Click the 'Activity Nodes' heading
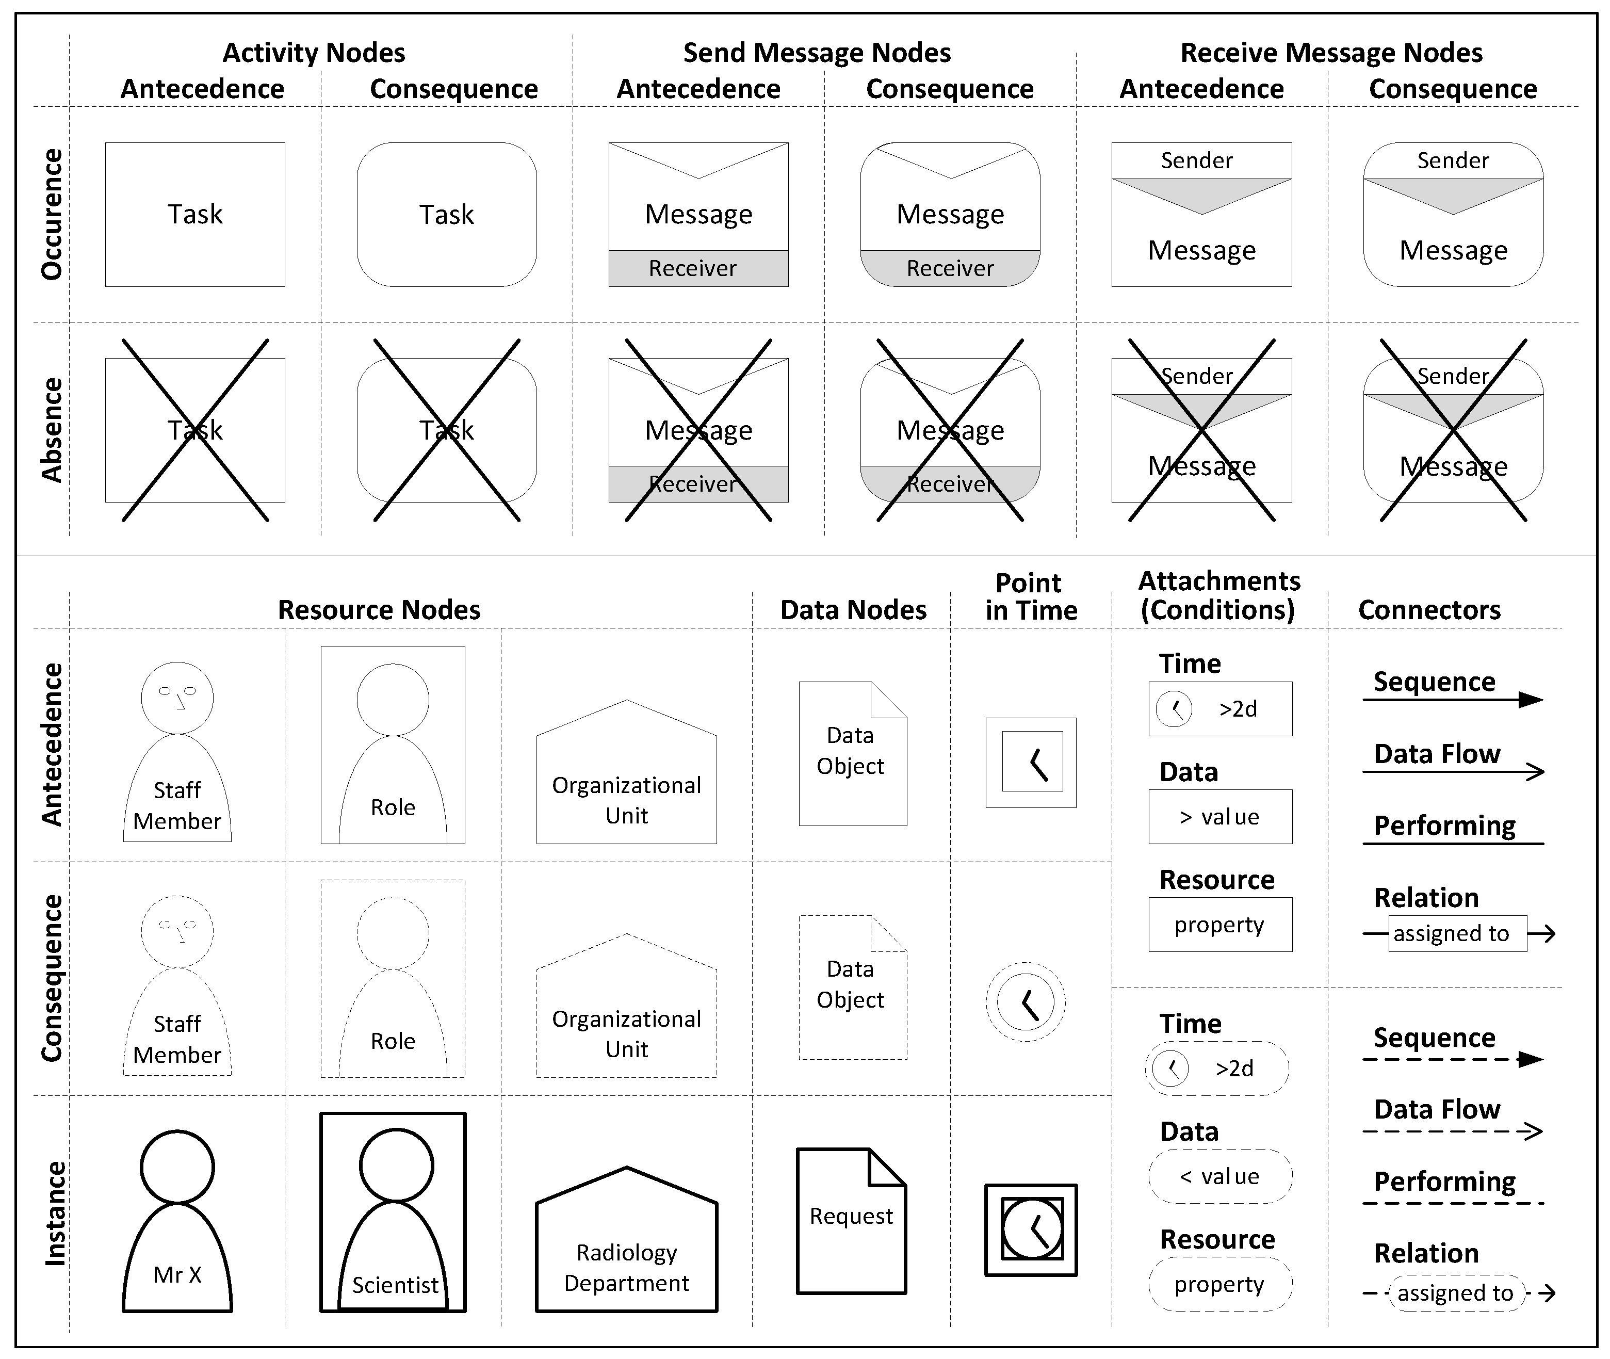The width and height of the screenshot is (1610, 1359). click(x=314, y=53)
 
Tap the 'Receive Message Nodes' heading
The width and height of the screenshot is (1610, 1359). click(x=1331, y=53)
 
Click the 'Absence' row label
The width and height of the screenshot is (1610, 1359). click(x=52, y=430)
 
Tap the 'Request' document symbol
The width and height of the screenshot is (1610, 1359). click(x=851, y=1221)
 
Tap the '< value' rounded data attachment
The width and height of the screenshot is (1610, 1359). click(x=1220, y=1176)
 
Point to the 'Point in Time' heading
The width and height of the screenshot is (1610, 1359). click(x=1031, y=596)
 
